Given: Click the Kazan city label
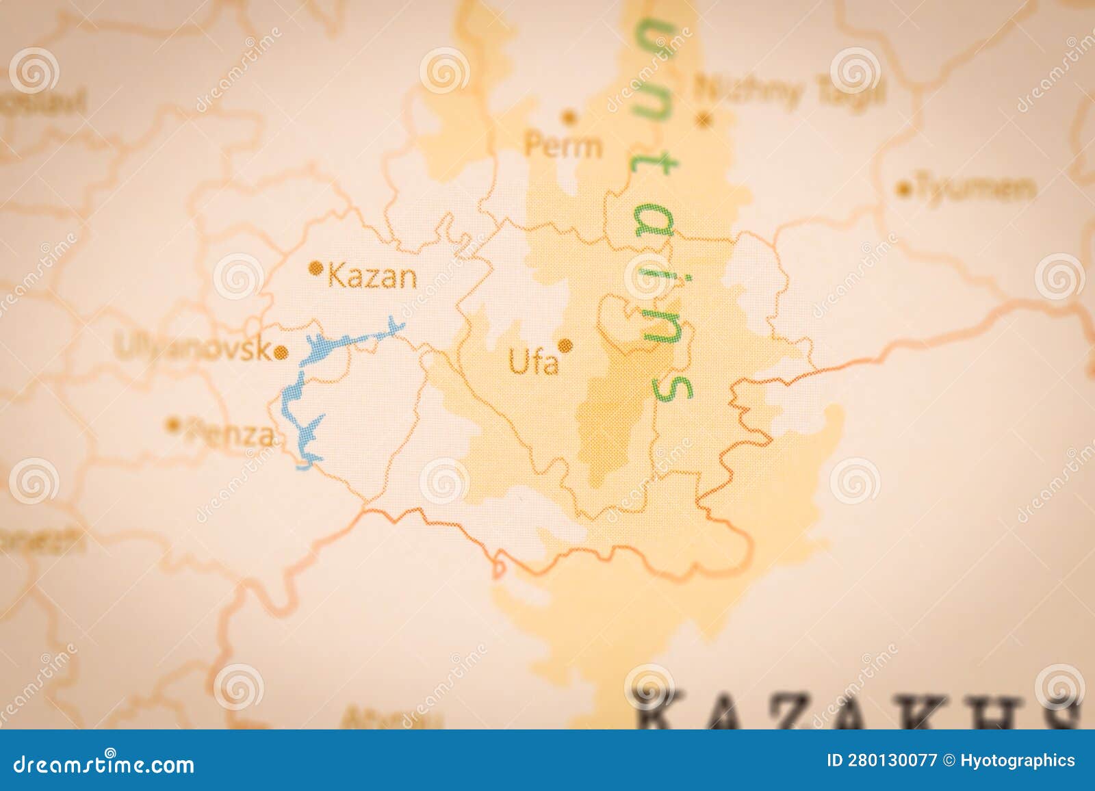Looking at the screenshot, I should pyautogui.click(x=372, y=277).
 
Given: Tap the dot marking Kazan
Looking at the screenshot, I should pyautogui.click(x=316, y=268).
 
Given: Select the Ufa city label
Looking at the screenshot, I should pyautogui.click(x=533, y=363).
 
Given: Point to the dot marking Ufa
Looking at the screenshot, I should pyautogui.click(x=565, y=346).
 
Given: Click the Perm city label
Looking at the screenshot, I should pyautogui.click(x=563, y=146).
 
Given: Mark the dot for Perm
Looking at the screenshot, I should pyautogui.click(x=569, y=117).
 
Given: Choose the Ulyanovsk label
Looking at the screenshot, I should pyautogui.click(x=193, y=349).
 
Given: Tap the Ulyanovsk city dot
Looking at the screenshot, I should pyautogui.click(x=281, y=353).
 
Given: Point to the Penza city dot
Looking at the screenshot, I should pyautogui.click(x=173, y=424).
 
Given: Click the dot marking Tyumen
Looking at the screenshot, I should pyautogui.click(x=905, y=190).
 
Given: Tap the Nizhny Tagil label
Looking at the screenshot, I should pyautogui.click(x=790, y=90).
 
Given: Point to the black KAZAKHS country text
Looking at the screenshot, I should pyautogui.click(x=855, y=708).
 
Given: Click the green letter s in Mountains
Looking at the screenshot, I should pyautogui.click(x=671, y=387).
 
